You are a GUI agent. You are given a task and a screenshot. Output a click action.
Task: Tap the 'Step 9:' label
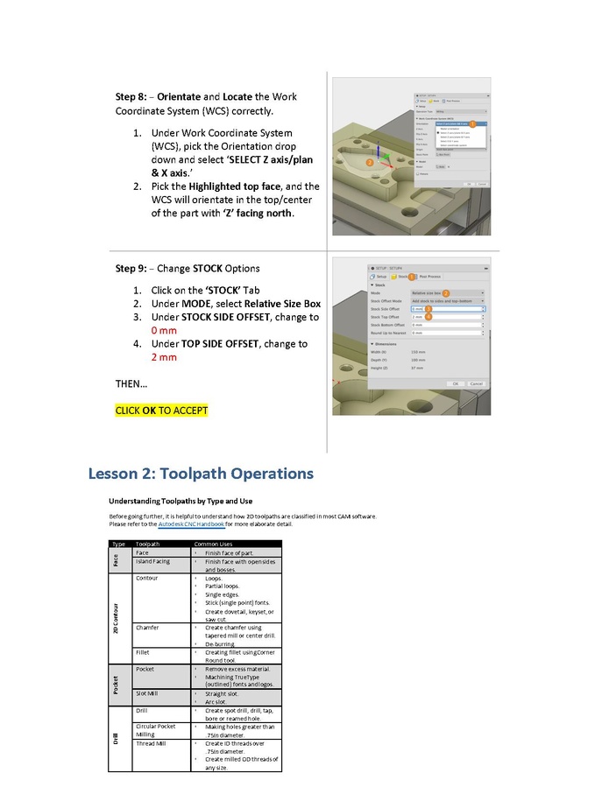133,268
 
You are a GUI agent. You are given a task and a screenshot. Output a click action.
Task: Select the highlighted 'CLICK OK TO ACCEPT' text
161,410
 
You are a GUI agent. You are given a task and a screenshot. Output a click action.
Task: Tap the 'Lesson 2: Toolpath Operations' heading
201,474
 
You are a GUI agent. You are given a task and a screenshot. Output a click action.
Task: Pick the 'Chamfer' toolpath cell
149,628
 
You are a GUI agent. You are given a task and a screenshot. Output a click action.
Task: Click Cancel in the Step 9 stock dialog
477,384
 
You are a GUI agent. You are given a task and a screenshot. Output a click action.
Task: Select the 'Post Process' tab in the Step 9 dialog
428,276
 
